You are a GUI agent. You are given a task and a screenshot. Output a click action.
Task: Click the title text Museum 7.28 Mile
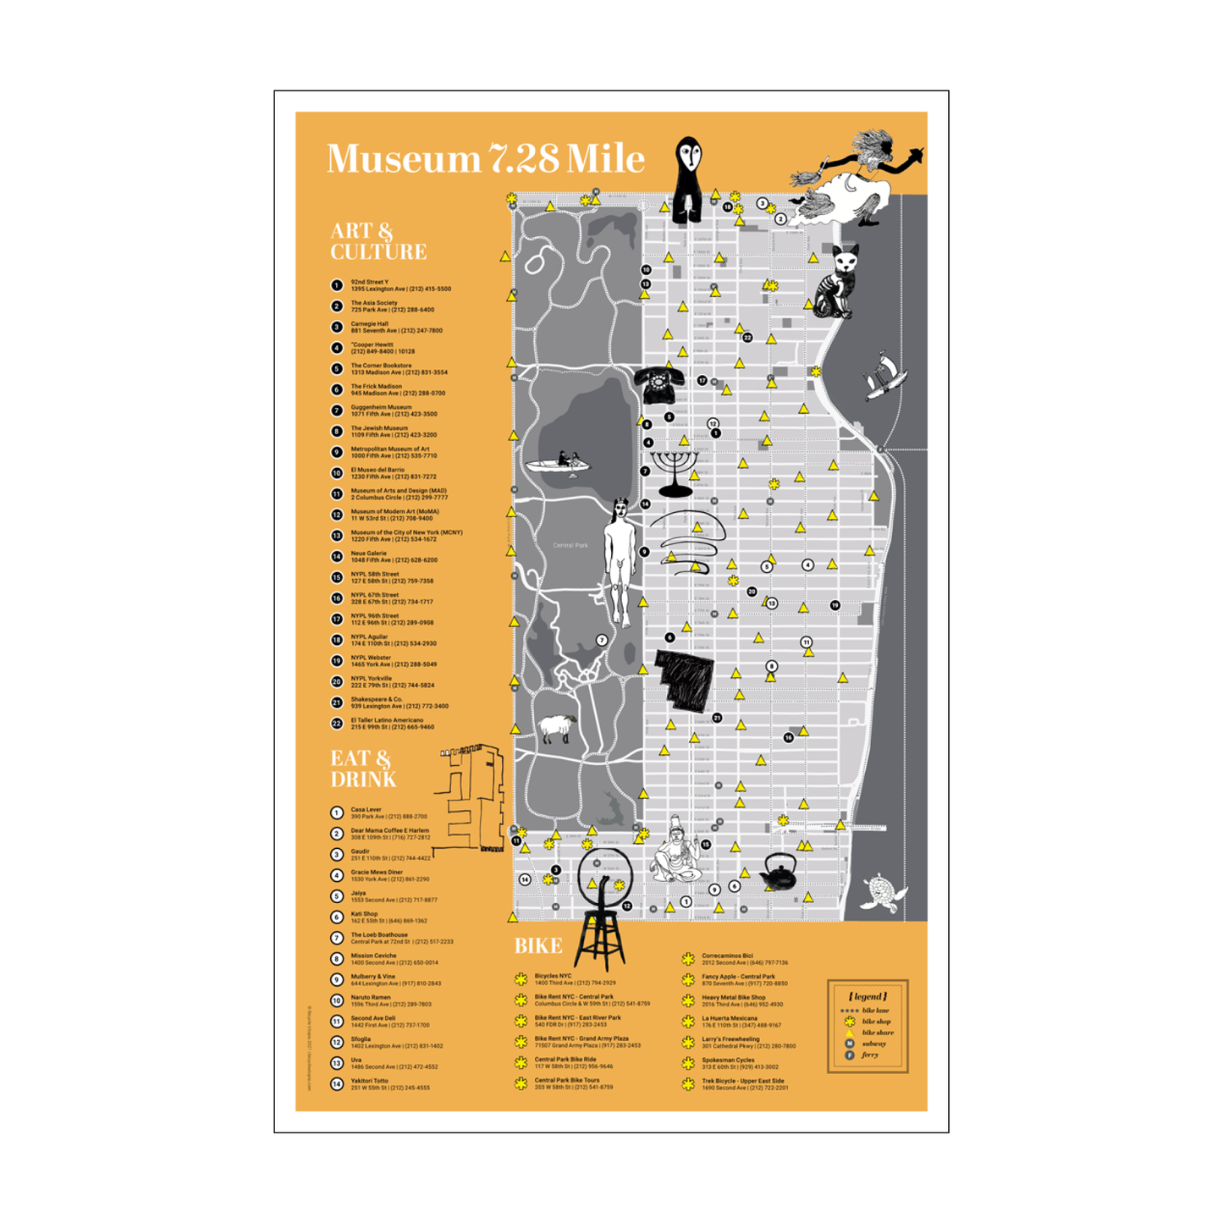tap(485, 159)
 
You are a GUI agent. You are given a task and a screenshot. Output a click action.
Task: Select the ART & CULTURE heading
tap(377, 241)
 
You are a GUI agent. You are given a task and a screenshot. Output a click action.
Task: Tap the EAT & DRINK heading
tap(363, 769)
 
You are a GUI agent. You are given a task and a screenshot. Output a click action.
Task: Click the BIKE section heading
tap(538, 946)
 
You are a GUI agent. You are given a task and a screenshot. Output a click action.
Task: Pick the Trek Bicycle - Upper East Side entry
tap(744, 1084)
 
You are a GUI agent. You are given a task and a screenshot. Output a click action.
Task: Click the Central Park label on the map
tap(570, 545)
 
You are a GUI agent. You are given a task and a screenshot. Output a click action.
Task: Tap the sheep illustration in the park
tap(557, 728)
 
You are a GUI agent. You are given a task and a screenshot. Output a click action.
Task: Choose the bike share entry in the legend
tap(877, 1033)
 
